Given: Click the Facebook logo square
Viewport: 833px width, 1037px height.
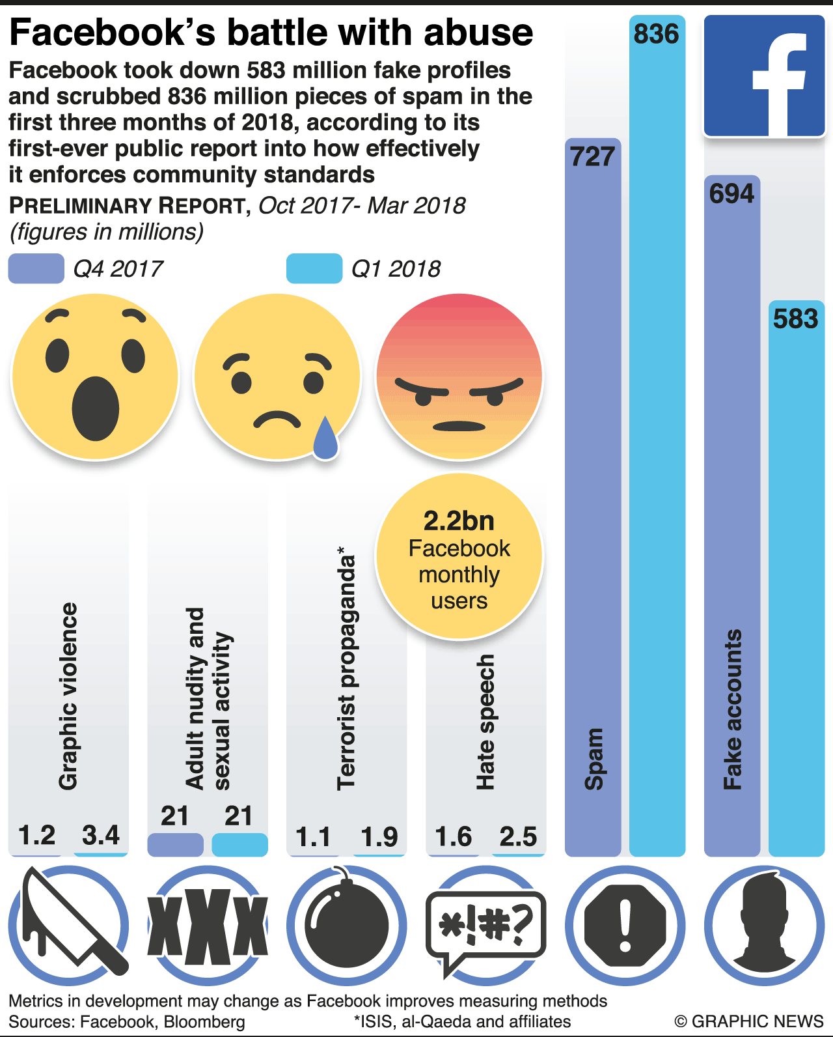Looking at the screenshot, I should [765, 76].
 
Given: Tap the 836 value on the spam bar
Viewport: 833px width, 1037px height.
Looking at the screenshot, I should [657, 34].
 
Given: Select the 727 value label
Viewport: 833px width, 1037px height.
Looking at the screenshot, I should [592, 156].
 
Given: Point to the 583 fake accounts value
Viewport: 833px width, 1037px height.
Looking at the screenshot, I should [795, 319].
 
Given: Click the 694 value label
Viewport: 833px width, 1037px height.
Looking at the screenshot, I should [731, 193].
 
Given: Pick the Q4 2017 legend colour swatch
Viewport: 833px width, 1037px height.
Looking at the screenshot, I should [36, 268].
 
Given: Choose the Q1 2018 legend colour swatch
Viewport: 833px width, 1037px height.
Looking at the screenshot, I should [314, 268].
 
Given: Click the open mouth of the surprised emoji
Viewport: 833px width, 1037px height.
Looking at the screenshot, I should [95, 409].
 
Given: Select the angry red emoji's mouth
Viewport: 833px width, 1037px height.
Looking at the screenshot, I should [459, 427].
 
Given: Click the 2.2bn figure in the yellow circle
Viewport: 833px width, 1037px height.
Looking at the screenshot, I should [459, 521].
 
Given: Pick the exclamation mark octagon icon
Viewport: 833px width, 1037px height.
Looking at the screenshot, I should [625, 925].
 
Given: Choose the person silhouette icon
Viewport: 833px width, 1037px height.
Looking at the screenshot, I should [765, 925].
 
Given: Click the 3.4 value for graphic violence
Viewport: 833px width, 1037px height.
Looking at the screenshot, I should [101, 835].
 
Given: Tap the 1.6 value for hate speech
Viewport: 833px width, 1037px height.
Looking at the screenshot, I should [453, 836].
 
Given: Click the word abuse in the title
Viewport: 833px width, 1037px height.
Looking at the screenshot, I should [478, 33].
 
